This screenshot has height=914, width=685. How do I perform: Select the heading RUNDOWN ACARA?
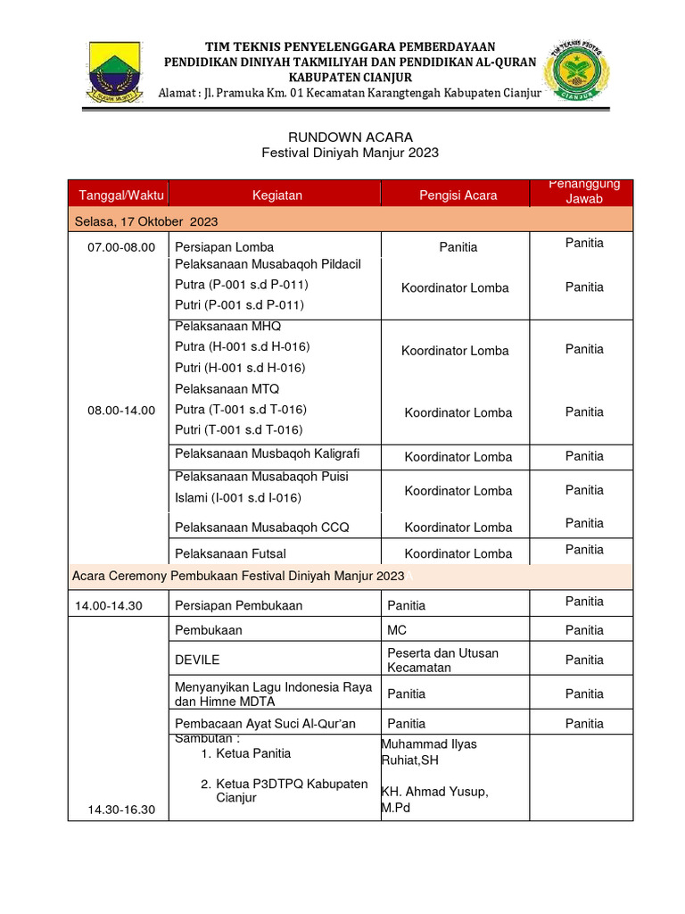tap(350, 137)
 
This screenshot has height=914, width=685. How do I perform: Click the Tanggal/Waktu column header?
tap(118, 195)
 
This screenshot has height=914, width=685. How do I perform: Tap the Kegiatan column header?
tap(276, 195)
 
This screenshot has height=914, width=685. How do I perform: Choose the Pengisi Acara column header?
tap(458, 195)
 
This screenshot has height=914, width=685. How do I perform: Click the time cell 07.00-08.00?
tap(121, 246)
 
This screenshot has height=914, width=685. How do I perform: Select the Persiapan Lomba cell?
tap(225, 246)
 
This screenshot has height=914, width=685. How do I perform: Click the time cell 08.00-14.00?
tap(121, 411)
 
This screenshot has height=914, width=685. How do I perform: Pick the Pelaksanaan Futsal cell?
tap(224, 553)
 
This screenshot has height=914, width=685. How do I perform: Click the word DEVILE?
tap(197, 660)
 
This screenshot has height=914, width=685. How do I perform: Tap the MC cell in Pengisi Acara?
tap(397, 630)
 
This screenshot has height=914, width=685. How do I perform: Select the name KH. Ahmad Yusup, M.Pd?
tap(434, 800)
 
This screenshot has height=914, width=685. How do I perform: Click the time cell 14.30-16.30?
tap(121, 810)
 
